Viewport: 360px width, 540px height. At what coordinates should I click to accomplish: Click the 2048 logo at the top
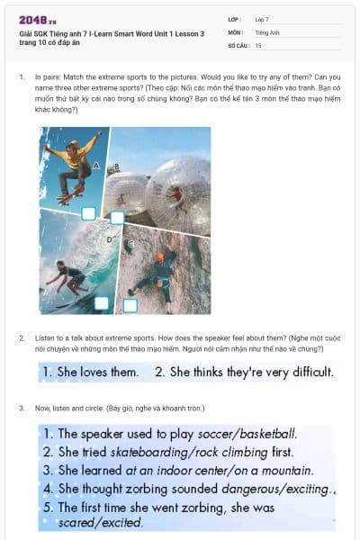click(37, 20)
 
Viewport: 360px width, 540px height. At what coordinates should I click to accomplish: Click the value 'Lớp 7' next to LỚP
click(262, 19)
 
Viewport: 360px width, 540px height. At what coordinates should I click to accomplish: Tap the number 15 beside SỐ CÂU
click(258, 44)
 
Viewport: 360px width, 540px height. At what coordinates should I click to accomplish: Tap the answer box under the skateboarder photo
click(88, 213)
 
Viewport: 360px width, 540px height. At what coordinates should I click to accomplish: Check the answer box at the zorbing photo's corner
click(117, 218)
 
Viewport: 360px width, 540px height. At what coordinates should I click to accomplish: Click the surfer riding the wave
click(66, 274)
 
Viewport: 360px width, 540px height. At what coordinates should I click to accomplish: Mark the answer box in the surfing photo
click(102, 303)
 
